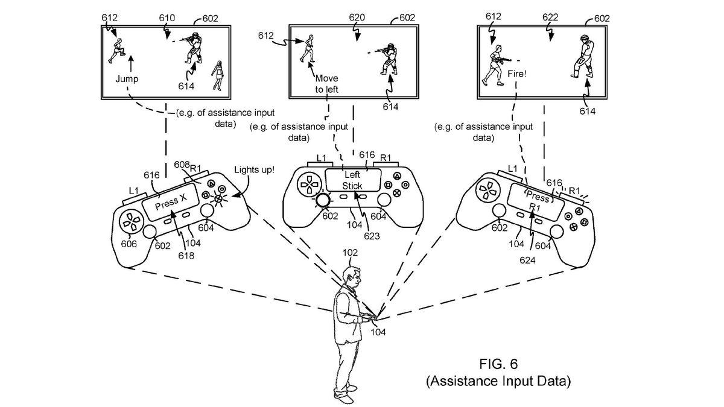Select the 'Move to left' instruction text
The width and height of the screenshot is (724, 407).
coord(326,84)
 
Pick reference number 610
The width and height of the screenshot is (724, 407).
coord(167,19)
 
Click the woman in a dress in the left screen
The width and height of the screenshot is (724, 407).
coord(218,75)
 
